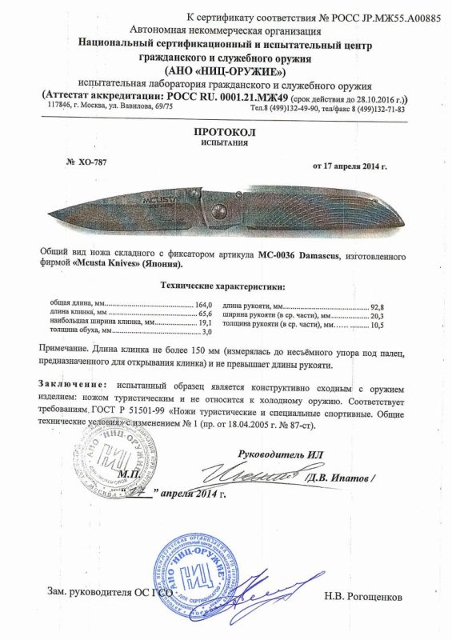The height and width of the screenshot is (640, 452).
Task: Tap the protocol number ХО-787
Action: click(89, 161)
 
